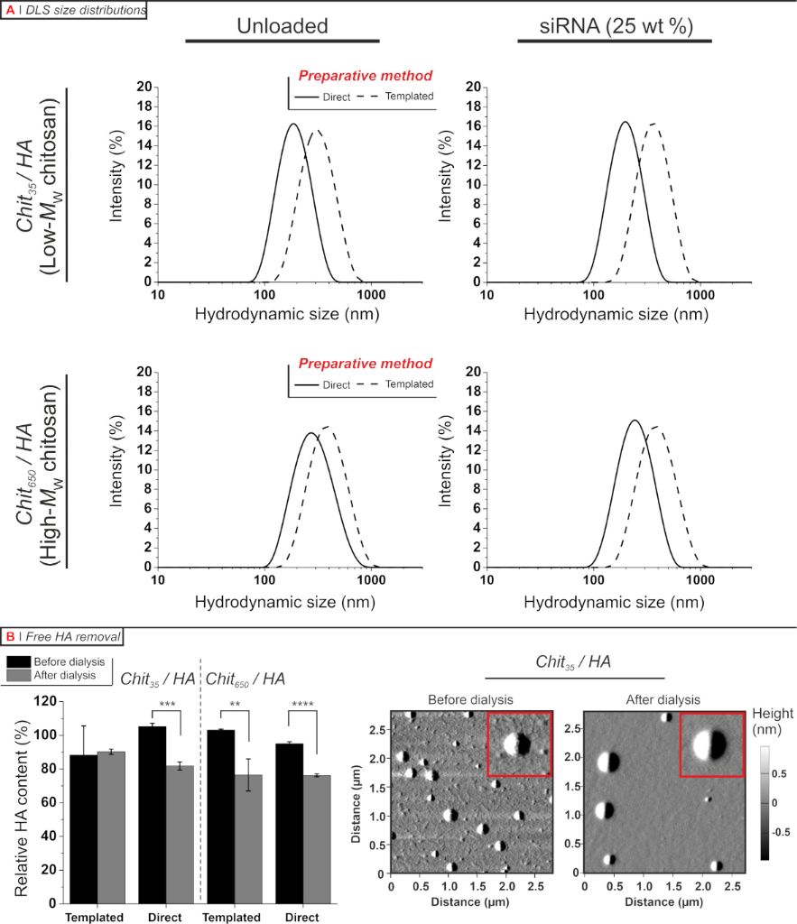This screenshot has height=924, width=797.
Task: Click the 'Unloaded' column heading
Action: (282, 26)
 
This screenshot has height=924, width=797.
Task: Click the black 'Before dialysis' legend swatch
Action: (18, 661)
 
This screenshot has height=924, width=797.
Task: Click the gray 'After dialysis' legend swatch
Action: (18, 674)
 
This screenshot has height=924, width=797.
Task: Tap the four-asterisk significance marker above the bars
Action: (302, 705)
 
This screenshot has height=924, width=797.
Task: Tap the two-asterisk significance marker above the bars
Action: (233, 705)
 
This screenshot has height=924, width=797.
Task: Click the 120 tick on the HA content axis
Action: (44, 701)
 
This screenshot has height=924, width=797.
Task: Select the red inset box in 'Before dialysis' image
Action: (518, 744)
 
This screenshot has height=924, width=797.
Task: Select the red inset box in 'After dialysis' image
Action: (710, 744)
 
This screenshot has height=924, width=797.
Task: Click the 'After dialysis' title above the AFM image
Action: (663, 699)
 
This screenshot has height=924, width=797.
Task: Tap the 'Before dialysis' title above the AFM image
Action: (470, 699)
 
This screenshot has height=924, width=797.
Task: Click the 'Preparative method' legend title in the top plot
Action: (365, 76)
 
